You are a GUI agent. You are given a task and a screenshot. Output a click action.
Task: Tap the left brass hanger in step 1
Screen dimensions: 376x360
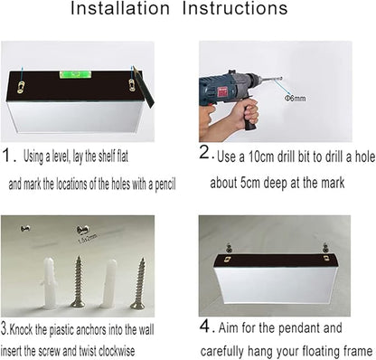tap(21, 87)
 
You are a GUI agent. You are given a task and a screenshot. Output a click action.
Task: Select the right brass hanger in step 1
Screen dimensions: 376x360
tap(131, 85)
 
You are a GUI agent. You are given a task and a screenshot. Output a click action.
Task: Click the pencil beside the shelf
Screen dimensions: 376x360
tap(144, 87)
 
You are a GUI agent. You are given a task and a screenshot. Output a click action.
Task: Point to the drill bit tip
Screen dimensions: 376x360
tap(281, 79)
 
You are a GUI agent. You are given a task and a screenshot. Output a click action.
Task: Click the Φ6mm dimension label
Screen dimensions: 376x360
tap(296, 98)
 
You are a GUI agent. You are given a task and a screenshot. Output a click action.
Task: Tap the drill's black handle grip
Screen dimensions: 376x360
tap(250, 116)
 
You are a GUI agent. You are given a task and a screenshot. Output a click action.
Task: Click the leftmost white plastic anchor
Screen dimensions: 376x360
tap(49, 283)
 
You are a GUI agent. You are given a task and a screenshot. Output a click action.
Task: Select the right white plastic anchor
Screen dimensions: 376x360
tap(109, 283)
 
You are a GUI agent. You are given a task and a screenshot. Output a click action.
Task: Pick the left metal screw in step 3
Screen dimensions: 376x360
tap(78, 281)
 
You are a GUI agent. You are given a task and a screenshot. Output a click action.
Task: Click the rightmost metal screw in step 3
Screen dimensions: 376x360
tap(138, 283)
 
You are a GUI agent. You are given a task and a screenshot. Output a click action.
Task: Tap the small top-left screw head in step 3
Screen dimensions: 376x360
tap(25, 229)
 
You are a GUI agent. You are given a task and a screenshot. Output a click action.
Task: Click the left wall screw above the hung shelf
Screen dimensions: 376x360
tap(230, 248)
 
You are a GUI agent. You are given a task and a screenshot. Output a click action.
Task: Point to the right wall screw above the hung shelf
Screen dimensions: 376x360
tap(325, 247)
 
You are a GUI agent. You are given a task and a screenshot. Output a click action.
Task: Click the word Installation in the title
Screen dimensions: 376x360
tap(120, 8)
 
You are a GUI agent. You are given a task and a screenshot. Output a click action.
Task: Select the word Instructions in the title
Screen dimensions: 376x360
tap(235, 8)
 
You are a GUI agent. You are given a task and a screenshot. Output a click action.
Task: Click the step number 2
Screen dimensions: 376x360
tap(204, 152)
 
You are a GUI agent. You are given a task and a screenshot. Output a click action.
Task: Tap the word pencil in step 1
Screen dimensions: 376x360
tap(165, 184)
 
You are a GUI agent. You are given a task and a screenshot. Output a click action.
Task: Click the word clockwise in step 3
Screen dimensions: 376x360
tap(117, 351)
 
